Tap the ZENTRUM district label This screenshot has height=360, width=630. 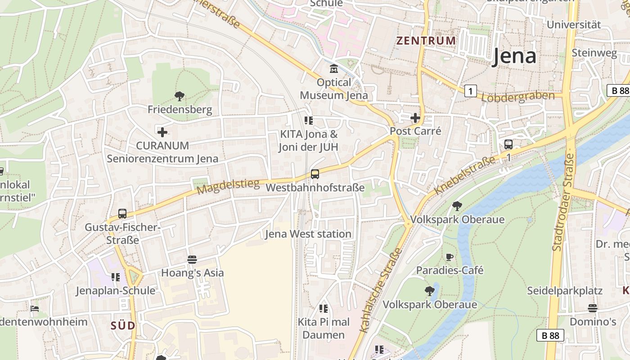426,40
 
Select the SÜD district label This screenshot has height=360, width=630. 123,325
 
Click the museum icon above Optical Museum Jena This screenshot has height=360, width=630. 334,69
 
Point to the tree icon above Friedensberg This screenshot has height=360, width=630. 180,96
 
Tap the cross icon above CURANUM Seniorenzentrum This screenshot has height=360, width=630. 162,132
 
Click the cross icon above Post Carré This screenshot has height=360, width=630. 415,118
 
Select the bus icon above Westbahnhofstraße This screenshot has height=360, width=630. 315,174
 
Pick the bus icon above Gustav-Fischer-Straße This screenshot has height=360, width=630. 122,214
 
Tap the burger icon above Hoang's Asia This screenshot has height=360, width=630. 192,259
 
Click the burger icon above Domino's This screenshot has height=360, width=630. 593,308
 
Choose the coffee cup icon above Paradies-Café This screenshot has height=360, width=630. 449,257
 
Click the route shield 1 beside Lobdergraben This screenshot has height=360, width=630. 470,91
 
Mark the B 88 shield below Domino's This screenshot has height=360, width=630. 550,335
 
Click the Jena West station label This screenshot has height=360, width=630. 308,234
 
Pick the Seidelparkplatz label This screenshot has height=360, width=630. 564,291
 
